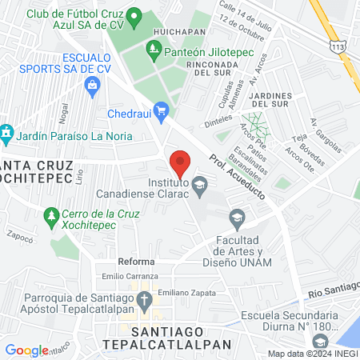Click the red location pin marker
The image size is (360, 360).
[180, 162]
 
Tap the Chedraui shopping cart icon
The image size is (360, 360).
[161, 110]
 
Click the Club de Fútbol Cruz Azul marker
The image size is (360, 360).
[134, 15]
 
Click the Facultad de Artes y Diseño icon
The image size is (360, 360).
[237, 217]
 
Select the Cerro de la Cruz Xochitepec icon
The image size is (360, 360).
[51, 215]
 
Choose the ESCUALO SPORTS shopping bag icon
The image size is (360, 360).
[94, 84]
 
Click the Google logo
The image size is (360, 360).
[26, 350]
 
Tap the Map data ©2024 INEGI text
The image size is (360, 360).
[313, 354]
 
